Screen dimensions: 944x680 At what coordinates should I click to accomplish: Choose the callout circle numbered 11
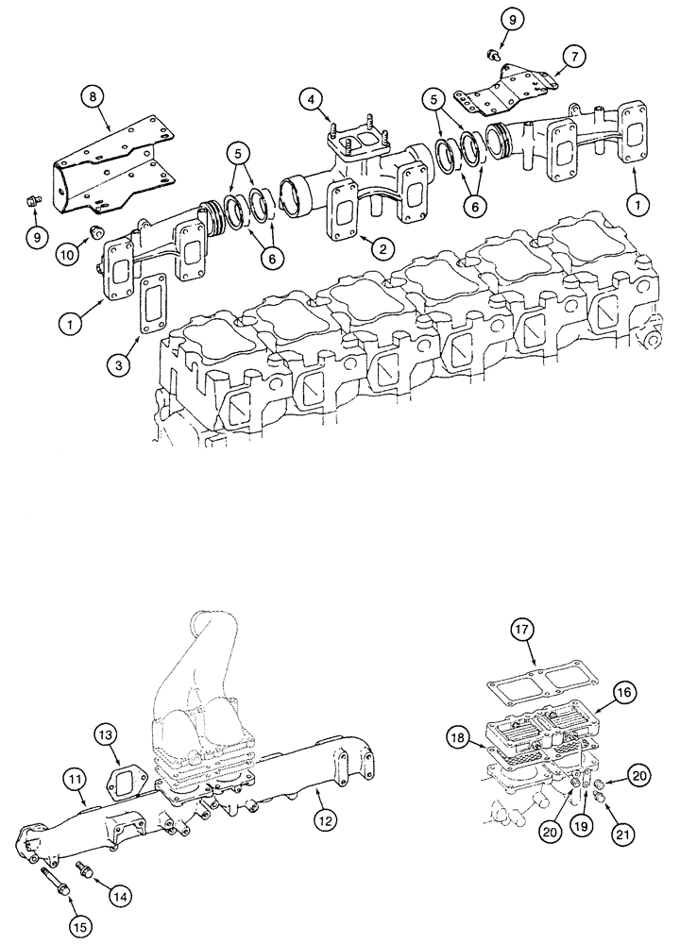point(76,779)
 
